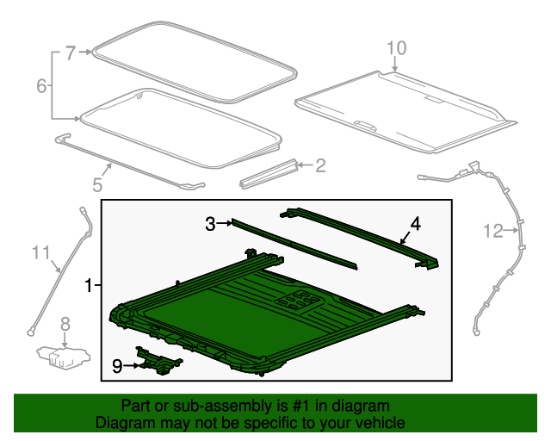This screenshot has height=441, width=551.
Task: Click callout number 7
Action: click(71, 53)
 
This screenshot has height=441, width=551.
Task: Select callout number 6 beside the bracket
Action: click(41, 85)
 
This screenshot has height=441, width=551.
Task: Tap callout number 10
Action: click(396, 48)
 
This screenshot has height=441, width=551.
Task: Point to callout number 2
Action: click(320, 165)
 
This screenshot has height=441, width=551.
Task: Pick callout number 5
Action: click(97, 184)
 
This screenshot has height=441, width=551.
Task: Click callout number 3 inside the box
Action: click(210, 224)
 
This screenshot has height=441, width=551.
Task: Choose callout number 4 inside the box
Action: click(416, 224)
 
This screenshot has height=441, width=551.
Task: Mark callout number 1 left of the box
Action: click(88, 285)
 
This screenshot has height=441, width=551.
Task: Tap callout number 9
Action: click(117, 366)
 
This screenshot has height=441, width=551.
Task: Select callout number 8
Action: click(65, 324)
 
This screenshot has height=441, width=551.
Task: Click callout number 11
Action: click(41, 252)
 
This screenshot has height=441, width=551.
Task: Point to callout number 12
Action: click(493, 231)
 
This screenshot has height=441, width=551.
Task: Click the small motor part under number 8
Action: click(64, 357)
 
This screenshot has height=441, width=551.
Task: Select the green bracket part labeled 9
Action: click(158, 362)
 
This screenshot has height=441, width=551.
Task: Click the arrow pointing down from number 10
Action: click(395, 65)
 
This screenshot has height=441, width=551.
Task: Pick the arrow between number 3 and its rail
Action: click(224, 223)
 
